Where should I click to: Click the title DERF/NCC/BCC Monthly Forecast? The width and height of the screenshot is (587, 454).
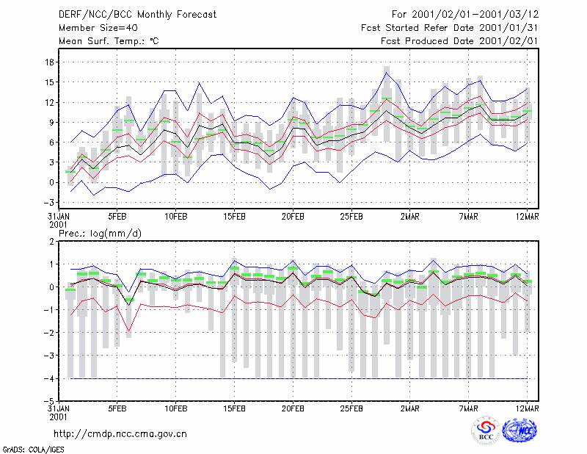[x=137, y=15]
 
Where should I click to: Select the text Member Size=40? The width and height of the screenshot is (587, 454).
[x=98, y=28]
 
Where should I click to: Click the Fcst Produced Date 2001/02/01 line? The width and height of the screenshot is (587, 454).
[x=459, y=41]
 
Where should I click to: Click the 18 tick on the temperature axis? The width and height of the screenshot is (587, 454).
[x=49, y=62]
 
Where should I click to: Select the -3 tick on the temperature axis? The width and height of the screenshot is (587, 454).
[x=48, y=203]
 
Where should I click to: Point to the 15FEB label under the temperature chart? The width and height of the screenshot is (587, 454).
[x=234, y=217]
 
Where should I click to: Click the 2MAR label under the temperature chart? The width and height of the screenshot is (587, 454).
[x=410, y=217]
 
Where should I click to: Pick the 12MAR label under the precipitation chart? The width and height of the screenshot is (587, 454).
[x=527, y=408]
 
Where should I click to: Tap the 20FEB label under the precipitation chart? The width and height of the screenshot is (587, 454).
[x=293, y=408]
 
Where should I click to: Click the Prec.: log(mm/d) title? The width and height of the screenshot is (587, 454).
[x=100, y=234]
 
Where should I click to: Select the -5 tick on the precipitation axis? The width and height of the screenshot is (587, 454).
[x=48, y=401]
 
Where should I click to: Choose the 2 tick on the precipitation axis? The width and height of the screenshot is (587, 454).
[x=51, y=242]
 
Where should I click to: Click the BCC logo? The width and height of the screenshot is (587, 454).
[x=486, y=430]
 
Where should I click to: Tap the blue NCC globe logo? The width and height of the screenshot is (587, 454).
[x=519, y=430]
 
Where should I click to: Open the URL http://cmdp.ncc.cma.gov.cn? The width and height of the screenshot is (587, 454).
[x=120, y=434]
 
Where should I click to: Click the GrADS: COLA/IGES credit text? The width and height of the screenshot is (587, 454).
[x=34, y=450]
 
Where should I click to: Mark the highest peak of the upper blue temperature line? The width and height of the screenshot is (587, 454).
[x=387, y=72]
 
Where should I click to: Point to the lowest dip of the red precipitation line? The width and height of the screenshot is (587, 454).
[x=129, y=331]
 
